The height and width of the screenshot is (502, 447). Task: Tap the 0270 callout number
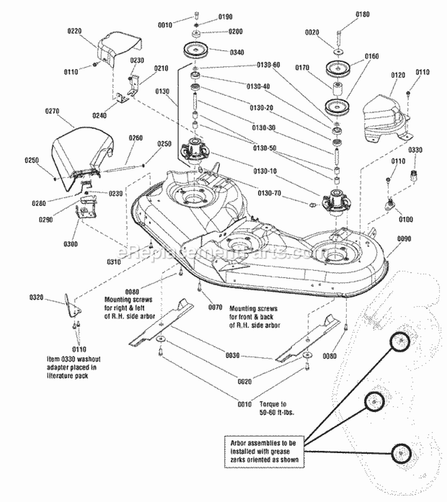tap(53, 111)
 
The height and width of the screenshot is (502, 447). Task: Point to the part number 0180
tap(362, 14)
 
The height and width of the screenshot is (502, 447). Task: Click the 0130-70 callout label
tap(268, 194)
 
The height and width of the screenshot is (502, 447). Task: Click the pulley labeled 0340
tap(195, 50)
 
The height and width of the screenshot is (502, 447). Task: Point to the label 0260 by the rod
tap(136, 138)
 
